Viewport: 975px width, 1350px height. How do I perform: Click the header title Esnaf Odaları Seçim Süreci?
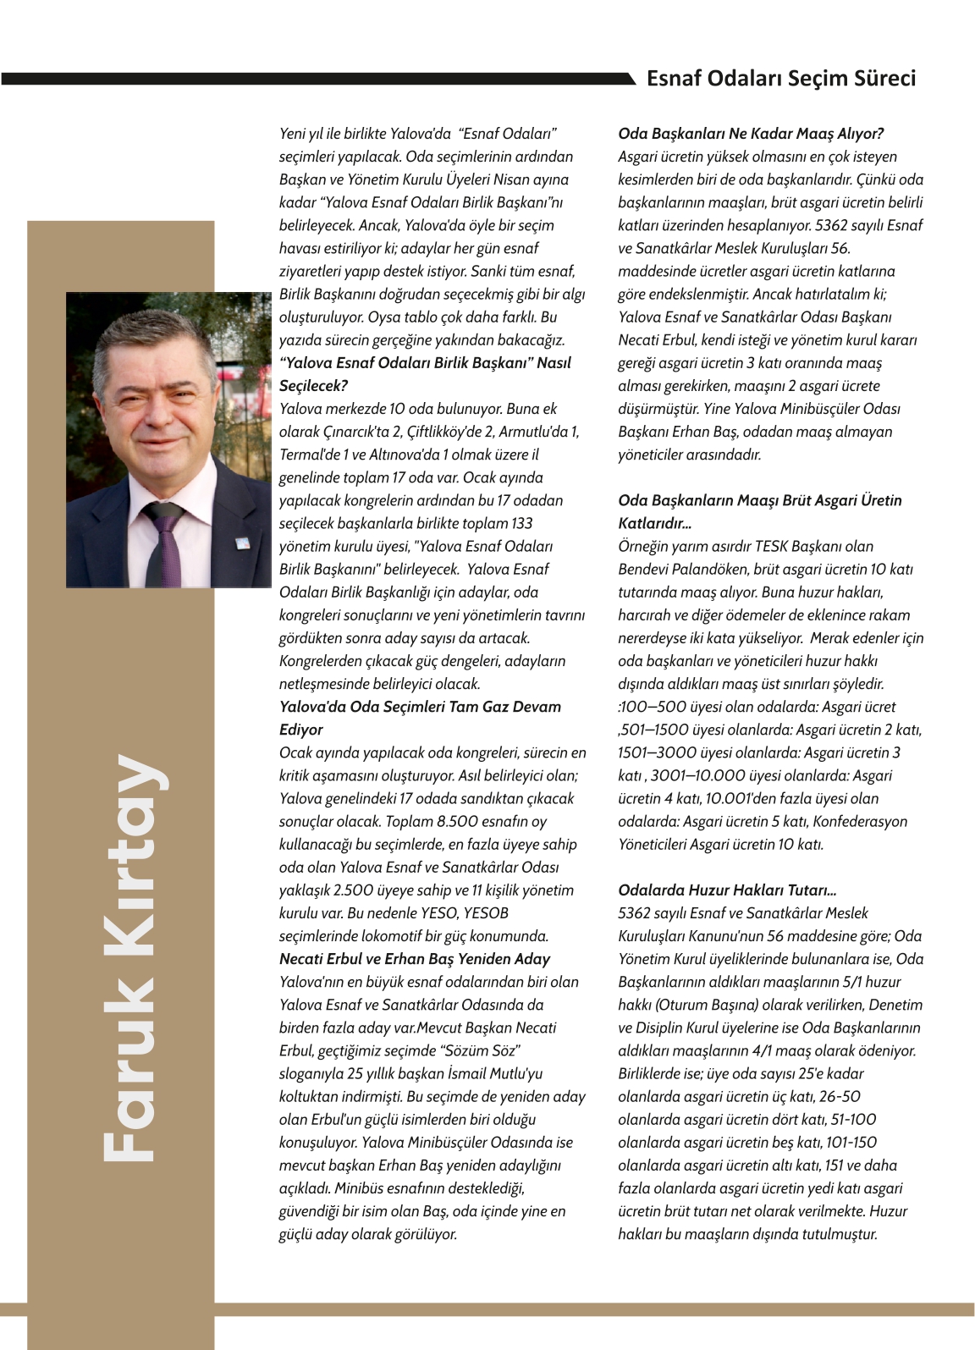(780, 79)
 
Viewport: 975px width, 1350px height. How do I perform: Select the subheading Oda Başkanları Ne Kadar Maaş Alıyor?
(751, 134)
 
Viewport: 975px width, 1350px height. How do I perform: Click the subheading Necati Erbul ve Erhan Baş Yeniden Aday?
(415, 959)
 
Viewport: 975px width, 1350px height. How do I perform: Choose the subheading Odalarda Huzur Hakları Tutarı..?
(727, 890)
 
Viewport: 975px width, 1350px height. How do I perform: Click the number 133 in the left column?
(522, 523)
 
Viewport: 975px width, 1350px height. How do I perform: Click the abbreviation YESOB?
(487, 913)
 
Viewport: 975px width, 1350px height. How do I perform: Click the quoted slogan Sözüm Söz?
(481, 1050)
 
